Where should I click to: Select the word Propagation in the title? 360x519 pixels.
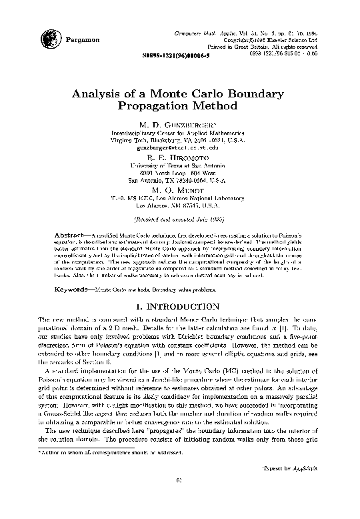click(150, 106)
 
